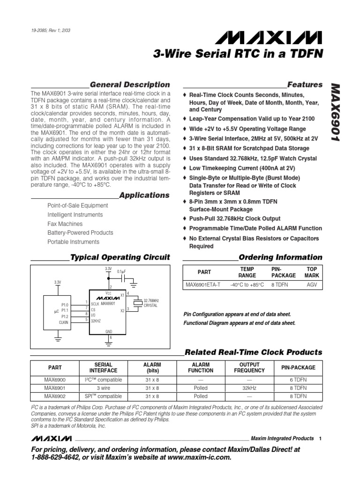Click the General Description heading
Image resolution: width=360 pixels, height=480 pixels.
(129, 85)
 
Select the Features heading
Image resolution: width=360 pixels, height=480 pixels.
(305, 85)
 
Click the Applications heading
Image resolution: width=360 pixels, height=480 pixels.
(144, 195)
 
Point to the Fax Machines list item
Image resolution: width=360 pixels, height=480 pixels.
(65, 224)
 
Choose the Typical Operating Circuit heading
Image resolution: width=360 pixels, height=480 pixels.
(120, 257)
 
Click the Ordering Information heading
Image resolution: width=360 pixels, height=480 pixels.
(280, 257)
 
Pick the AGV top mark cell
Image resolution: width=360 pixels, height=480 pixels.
(312, 285)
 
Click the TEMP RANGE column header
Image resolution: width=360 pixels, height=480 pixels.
(247, 273)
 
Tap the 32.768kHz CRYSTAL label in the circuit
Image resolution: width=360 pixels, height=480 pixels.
(150, 303)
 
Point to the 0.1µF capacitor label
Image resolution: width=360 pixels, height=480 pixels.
(122, 271)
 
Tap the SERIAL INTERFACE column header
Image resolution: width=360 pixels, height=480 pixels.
(104, 367)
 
